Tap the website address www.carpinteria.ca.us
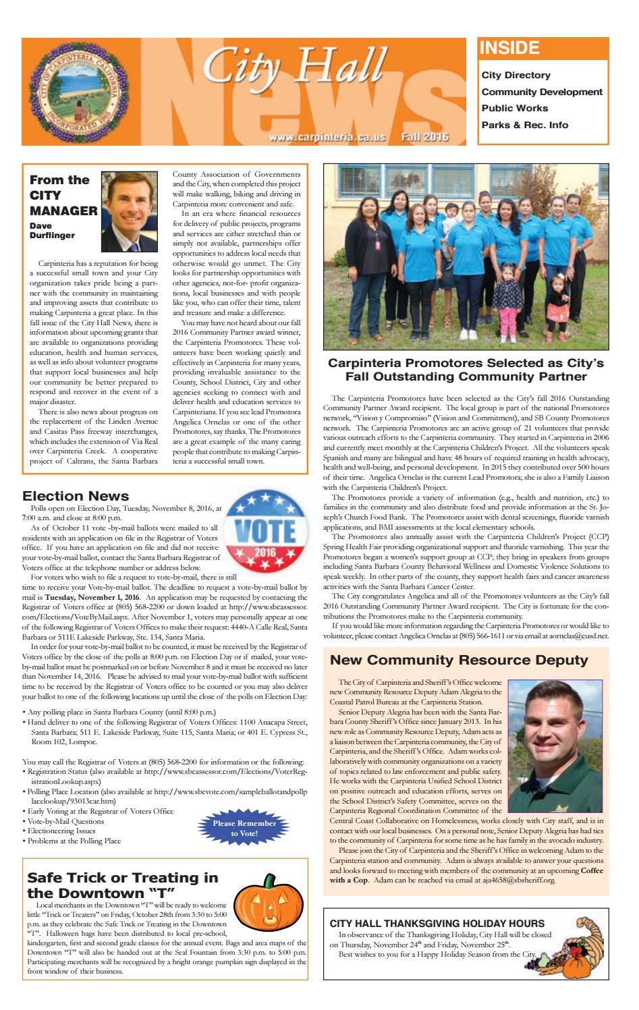327,137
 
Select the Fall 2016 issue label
424,137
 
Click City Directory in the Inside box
516,76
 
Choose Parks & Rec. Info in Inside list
524,125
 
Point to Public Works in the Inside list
514,108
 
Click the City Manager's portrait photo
133,211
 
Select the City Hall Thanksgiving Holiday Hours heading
437,923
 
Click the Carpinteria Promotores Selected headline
466,369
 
